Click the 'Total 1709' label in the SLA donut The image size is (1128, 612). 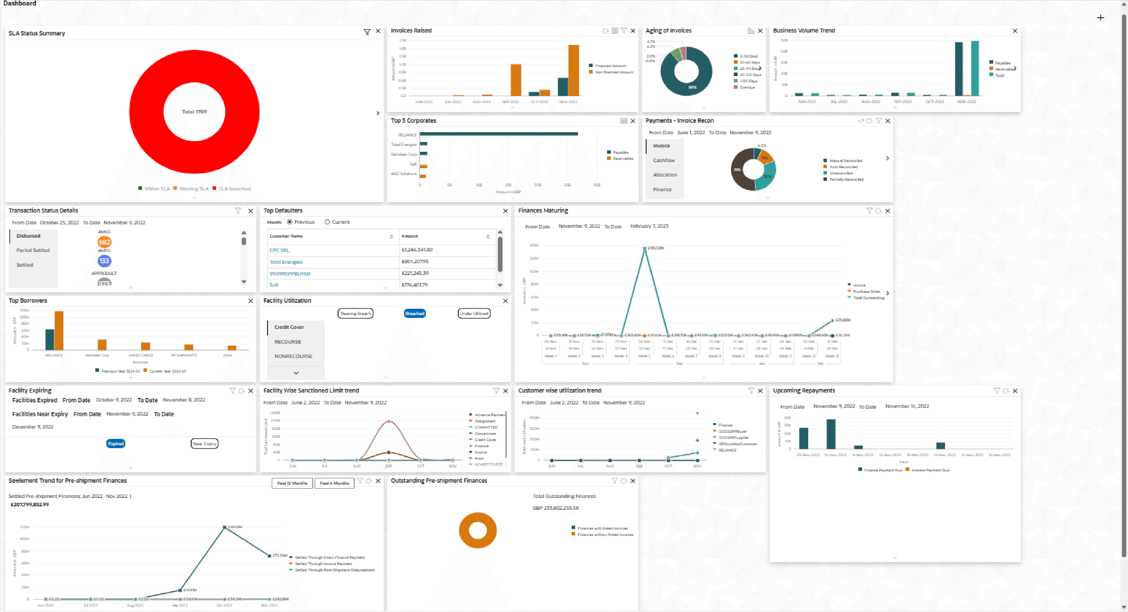click(194, 112)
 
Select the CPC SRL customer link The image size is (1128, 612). click(279, 250)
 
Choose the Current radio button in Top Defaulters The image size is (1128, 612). click(327, 222)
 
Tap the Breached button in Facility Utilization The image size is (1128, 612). click(414, 313)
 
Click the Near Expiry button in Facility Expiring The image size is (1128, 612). click(205, 444)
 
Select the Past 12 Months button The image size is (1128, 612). click(292, 483)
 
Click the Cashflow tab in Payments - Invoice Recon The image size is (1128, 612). click(664, 160)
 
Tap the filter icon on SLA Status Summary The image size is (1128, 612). click(367, 32)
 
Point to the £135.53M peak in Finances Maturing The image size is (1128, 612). click(645, 248)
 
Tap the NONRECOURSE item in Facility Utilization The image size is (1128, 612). click(293, 356)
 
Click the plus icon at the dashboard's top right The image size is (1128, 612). click(1100, 18)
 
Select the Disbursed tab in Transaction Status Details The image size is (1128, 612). click(29, 236)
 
